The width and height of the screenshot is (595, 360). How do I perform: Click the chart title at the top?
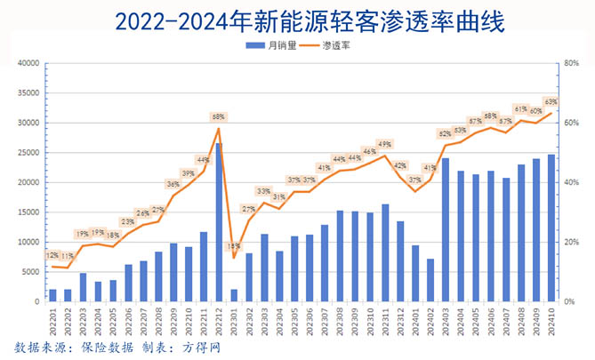pos(297,20)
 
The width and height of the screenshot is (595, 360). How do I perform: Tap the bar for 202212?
pos(219,222)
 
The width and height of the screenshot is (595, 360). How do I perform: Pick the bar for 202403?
pos(446,230)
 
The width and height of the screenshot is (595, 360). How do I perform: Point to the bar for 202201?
pos(52,295)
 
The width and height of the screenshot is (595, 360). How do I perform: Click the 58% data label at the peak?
pos(218,116)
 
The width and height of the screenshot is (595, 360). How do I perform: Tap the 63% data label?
pos(551,101)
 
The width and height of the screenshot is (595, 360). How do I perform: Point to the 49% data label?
pos(385,144)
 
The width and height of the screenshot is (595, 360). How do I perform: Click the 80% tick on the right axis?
pos(571,64)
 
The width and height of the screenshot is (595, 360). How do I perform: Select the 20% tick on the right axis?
pos(571,243)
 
